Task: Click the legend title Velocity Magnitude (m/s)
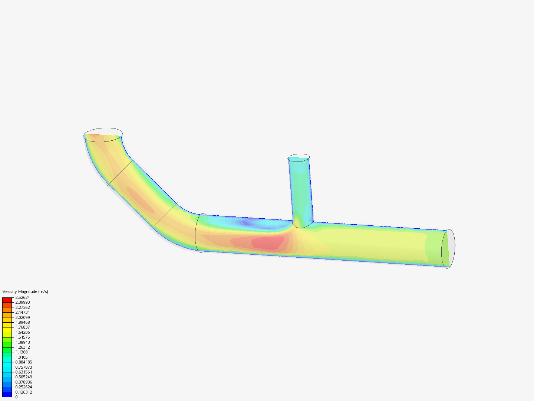pyautogui.click(x=25, y=291)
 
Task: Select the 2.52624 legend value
pyautogui.click(x=22, y=297)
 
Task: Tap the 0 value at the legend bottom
pyautogui.click(x=16, y=397)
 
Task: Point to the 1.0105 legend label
pyautogui.click(x=21, y=357)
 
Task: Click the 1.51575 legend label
pyautogui.click(x=22, y=337)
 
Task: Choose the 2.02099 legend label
pyautogui.click(x=22, y=317)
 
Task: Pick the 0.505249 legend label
pyautogui.click(x=23, y=377)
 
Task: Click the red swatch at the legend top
pyautogui.click(x=7, y=300)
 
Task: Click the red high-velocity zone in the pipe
pyautogui.click(x=268, y=242)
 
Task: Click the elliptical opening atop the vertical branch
pyautogui.click(x=299, y=157)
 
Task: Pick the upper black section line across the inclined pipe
pyautogui.click(x=121, y=172)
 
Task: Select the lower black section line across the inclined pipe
pyautogui.click(x=165, y=216)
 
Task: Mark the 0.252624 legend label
pyautogui.click(x=23, y=387)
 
